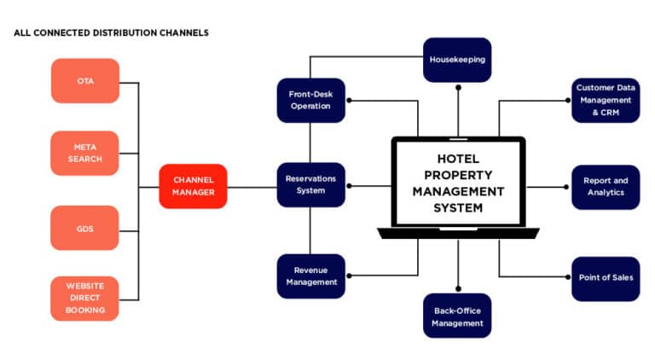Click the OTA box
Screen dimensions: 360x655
click(84, 81)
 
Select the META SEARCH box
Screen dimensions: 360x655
click(84, 154)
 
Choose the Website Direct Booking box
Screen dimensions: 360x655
click(84, 299)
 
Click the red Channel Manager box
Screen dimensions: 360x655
click(193, 186)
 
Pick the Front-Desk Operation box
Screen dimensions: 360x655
click(310, 100)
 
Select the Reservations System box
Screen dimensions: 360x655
click(310, 185)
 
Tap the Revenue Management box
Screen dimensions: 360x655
click(310, 276)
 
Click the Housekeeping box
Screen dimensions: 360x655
click(457, 60)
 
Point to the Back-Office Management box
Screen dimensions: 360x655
click(457, 316)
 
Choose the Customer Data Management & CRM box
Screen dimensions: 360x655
click(605, 100)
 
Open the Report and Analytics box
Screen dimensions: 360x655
click(605, 187)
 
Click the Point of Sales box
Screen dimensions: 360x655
click(605, 278)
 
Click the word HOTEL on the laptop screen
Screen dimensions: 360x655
click(458, 159)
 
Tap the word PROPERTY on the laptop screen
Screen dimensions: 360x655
click(458, 175)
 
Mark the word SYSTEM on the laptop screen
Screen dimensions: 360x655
click(458, 207)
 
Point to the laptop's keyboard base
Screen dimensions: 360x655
click(458, 232)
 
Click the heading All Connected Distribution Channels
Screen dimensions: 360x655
click(111, 32)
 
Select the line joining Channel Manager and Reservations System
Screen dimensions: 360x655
click(252, 186)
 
